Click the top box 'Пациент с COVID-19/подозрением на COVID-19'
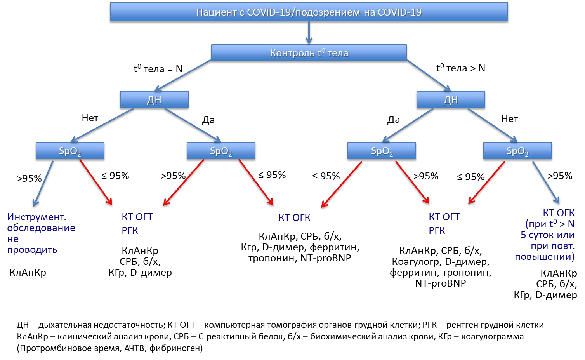(309, 12)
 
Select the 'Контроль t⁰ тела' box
(309, 53)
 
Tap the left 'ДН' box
(154, 99)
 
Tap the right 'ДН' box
(451, 99)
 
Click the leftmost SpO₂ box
(70, 151)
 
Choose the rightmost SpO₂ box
(517, 151)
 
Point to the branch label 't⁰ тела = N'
(158, 69)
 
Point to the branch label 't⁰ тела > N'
(461, 68)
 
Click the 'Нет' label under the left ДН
(90, 118)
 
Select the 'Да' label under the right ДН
(393, 119)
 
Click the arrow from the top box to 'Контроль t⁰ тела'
(309, 33)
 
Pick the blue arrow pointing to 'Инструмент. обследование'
(43, 184)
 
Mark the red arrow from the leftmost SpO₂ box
(96, 182)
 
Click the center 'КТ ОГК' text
(294, 217)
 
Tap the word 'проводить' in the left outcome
(32, 250)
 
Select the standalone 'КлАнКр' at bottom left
(28, 273)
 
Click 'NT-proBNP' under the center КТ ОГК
(326, 258)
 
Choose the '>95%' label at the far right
(560, 176)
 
